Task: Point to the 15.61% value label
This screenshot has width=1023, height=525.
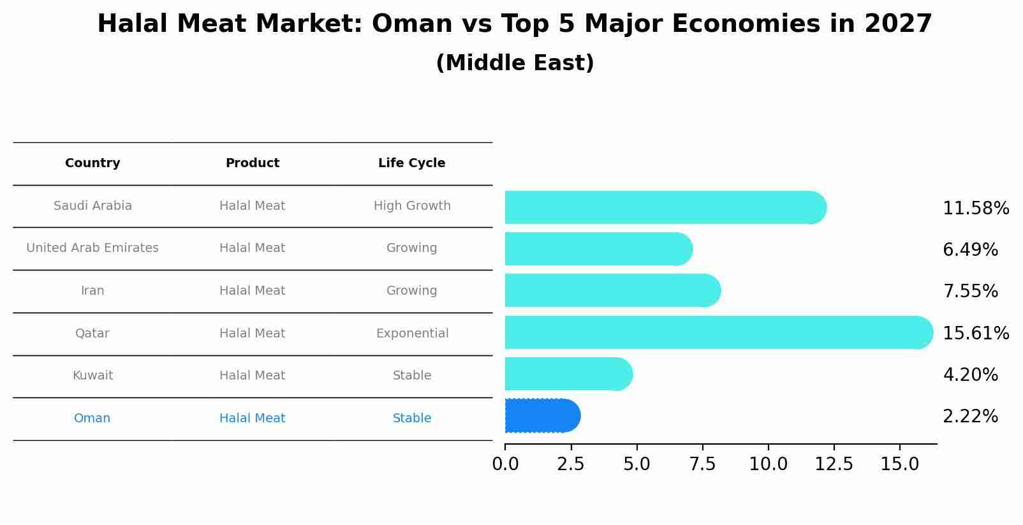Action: [x=975, y=334]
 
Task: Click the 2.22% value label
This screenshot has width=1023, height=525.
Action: [x=970, y=417]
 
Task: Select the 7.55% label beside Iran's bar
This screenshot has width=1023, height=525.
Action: [x=970, y=292]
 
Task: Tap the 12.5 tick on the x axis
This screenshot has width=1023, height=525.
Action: [x=834, y=464]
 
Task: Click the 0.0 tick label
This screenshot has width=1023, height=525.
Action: [x=505, y=464]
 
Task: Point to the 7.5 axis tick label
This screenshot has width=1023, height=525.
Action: [x=702, y=464]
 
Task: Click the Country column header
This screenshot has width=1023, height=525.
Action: [x=92, y=163]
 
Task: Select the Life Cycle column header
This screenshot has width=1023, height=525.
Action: [x=411, y=163]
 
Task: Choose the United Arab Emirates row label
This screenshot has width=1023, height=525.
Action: [x=92, y=248]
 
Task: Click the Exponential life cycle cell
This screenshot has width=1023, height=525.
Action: [x=412, y=334]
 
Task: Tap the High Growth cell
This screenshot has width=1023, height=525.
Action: [x=412, y=206]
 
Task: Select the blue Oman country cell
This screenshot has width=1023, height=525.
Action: [x=92, y=418]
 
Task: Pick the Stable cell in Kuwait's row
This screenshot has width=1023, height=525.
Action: [x=412, y=376]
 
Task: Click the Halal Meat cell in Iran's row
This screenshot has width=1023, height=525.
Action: [x=252, y=291]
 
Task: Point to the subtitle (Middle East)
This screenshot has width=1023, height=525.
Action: [x=515, y=63]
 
